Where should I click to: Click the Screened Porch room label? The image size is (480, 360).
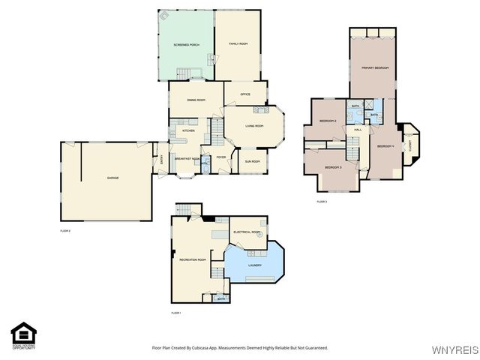185,45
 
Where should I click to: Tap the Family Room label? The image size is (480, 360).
238,45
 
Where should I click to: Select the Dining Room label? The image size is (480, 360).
196,100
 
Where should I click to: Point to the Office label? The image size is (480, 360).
244,94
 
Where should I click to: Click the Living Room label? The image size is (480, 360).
254,125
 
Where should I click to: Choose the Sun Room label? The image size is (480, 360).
252,161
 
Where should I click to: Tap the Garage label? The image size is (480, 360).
112,178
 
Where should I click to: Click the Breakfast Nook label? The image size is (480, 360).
187,158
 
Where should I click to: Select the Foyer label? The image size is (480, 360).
221,157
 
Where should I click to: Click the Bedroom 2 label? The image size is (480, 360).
327,121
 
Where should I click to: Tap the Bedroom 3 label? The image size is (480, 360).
333,167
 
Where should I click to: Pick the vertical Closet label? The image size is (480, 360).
411,142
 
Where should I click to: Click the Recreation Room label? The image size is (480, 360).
192,259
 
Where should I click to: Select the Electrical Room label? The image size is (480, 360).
247,232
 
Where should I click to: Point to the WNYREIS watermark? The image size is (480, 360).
457,350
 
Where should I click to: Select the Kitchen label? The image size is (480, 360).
188,131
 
